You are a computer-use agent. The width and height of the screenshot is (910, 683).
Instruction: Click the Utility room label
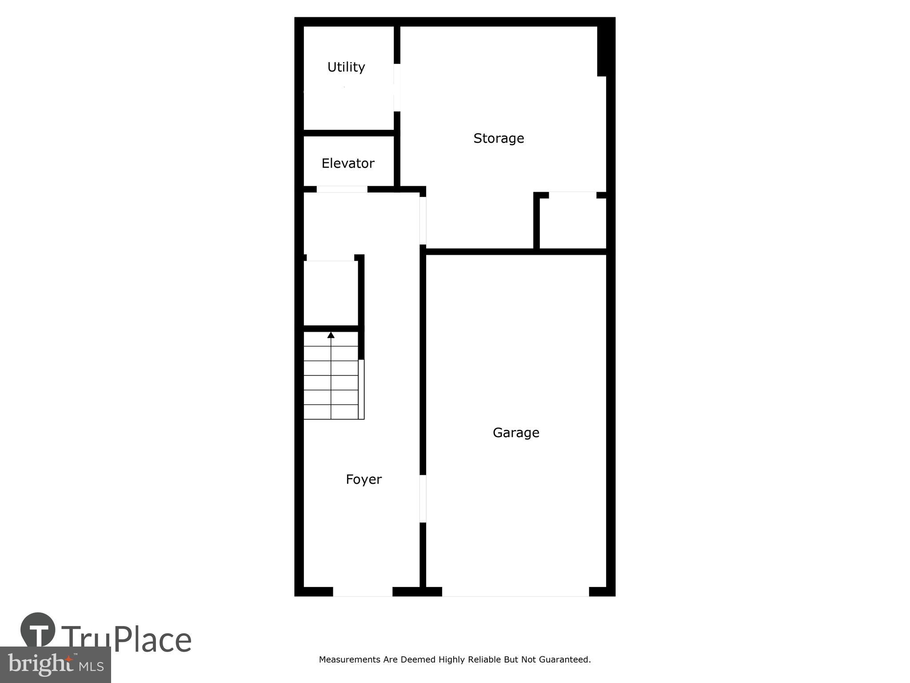[346, 67]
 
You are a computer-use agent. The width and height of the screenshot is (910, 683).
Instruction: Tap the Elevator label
[348, 163]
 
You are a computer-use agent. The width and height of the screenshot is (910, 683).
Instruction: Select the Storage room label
[499, 138]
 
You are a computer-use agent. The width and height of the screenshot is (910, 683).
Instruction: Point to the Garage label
[516, 433]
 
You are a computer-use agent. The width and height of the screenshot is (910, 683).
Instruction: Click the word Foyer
[363, 479]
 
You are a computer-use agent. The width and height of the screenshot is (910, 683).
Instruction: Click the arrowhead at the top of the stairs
[331, 335]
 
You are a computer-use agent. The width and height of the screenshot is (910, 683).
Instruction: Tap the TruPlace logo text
[127, 639]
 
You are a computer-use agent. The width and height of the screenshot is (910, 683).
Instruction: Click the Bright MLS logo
[56, 664]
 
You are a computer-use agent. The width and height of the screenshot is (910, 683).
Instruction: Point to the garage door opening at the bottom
[515, 592]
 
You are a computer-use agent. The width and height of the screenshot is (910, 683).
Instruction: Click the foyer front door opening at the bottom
[363, 592]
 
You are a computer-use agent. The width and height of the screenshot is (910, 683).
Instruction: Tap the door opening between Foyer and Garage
[423, 498]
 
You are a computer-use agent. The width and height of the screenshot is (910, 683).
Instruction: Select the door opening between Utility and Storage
[397, 88]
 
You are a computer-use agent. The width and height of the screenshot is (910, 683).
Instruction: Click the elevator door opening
[342, 189]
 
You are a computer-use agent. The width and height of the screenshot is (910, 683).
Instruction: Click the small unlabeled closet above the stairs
[331, 293]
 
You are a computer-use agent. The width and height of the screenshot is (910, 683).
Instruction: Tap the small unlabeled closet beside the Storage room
[573, 224]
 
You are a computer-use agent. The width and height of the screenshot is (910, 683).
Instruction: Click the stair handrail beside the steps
[361, 389]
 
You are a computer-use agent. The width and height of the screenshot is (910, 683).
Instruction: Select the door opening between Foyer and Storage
[423, 221]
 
